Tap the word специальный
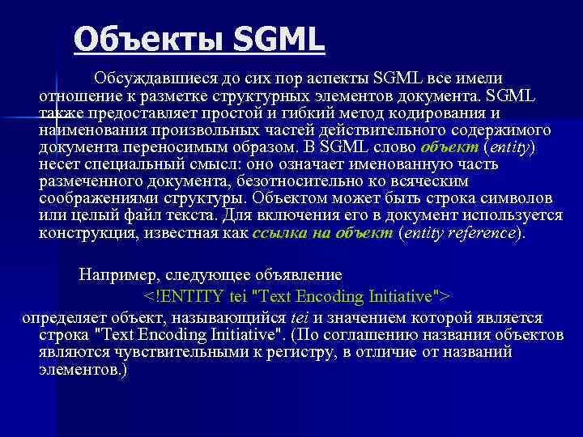pos(129,164)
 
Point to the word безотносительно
pos(305,181)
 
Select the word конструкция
pos(84,233)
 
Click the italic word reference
pos(481,233)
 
